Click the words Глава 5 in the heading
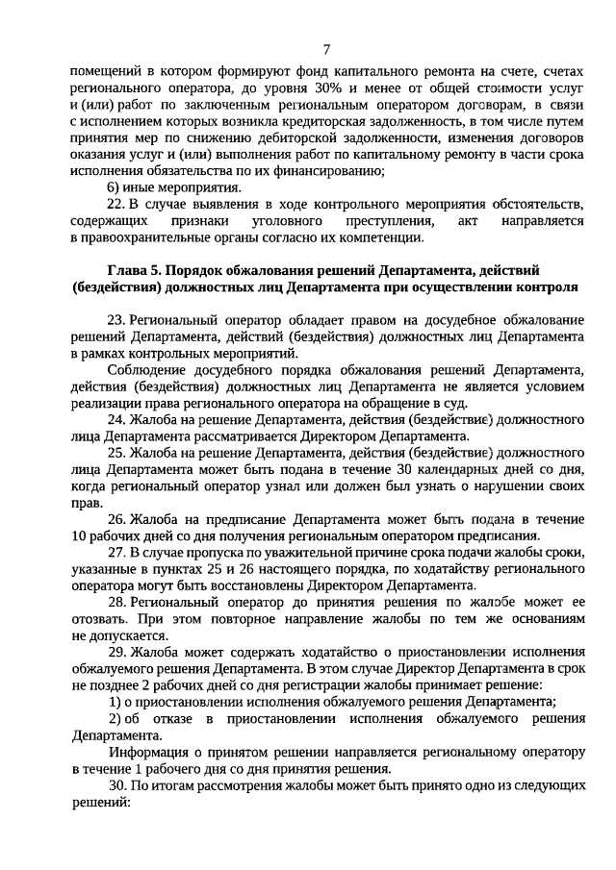[x=133, y=270]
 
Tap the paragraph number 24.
[x=115, y=420]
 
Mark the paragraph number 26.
[x=115, y=519]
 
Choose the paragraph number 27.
[x=115, y=553]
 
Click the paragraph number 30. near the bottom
[x=115, y=784]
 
